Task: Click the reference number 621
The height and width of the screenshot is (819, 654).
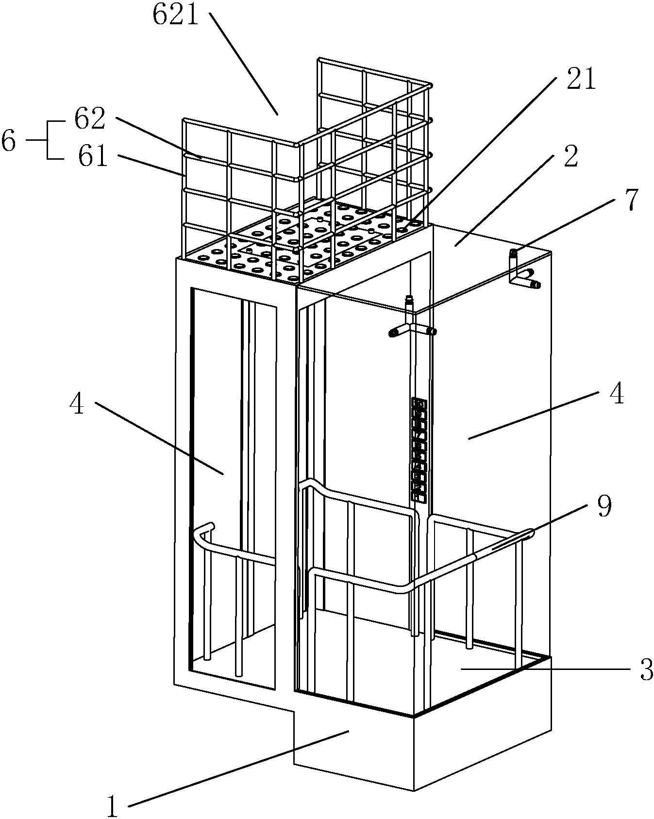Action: tap(176, 15)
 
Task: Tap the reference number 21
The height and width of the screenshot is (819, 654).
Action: tap(581, 79)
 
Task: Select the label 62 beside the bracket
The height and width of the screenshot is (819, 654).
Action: tap(90, 118)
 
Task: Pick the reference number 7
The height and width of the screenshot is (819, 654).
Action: tap(630, 200)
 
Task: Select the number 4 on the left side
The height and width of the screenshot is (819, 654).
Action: tap(77, 403)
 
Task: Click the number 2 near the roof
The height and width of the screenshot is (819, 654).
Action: tap(570, 156)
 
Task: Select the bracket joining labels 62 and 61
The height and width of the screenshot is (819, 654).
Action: tap(48, 140)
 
